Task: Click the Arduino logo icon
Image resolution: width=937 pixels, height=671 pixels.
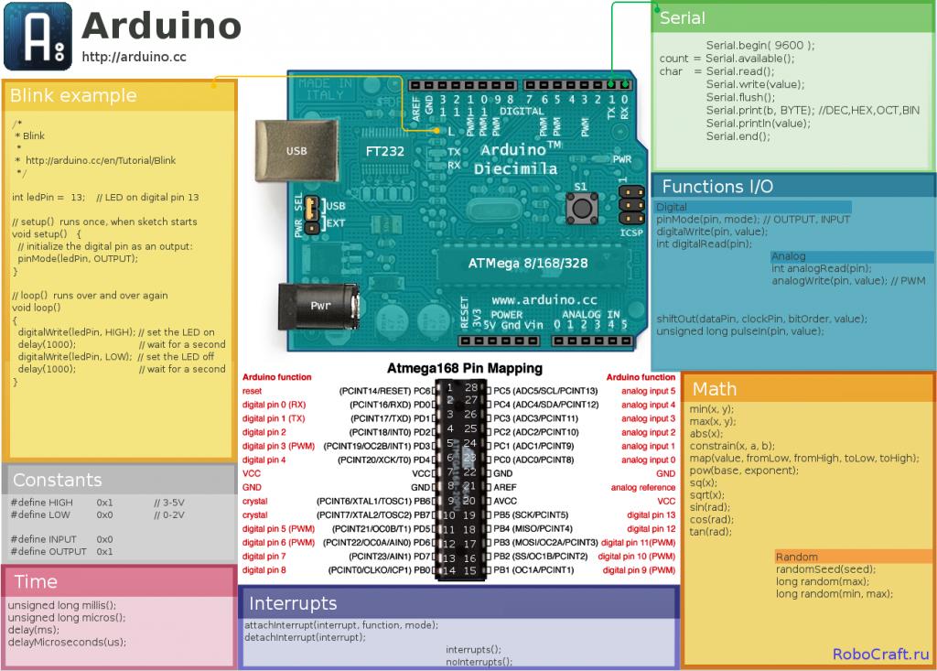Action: (x=38, y=38)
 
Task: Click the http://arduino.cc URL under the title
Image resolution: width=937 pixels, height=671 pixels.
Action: (x=134, y=57)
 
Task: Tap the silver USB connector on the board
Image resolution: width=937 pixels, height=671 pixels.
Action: (x=296, y=149)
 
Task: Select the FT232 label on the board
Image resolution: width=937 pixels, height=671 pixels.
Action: (x=384, y=151)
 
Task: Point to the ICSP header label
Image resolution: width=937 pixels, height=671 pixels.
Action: (x=631, y=233)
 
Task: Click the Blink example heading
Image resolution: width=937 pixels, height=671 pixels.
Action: (x=73, y=96)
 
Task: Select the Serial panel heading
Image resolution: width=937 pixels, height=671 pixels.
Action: (x=683, y=18)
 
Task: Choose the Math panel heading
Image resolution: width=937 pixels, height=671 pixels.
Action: (x=715, y=389)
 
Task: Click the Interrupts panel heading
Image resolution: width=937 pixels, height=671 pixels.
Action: (x=293, y=603)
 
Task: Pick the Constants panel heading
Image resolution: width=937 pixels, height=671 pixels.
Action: (x=57, y=480)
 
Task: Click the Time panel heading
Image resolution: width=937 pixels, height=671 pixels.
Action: (x=36, y=581)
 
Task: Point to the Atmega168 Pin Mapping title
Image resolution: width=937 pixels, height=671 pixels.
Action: (x=464, y=368)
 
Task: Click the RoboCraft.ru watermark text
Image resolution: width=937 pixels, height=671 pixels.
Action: (x=880, y=654)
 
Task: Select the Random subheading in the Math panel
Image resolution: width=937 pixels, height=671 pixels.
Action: (x=796, y=557)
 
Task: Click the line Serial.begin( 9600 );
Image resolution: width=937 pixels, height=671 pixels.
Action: (x=759, y=45)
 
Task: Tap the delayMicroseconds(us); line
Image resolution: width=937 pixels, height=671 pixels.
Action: (x=67, y=642)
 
